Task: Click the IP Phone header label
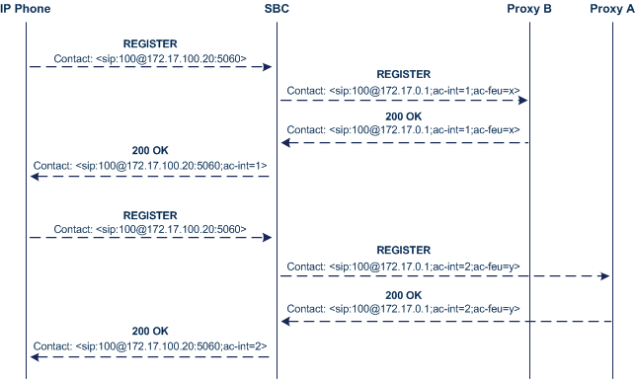[x=26, y=9]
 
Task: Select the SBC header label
[x=278, y=9]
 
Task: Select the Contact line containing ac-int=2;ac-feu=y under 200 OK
[x=403, y=309]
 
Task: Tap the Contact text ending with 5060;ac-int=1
[x=150, y=166]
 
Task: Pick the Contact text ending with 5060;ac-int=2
[x=150, y=346]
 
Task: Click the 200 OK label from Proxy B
[x=403, y=115]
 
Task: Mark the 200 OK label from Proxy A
[x=403, y=295]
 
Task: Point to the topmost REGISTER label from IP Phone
[x=150, y=44]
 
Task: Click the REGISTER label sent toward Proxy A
[x=403, y=251]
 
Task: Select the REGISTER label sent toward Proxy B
[x=403, y=74]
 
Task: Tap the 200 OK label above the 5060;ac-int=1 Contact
[x=150, y=151]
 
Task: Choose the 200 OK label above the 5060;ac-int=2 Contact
[x=150, y=332]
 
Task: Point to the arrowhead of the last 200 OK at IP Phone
[x=35, y=356]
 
